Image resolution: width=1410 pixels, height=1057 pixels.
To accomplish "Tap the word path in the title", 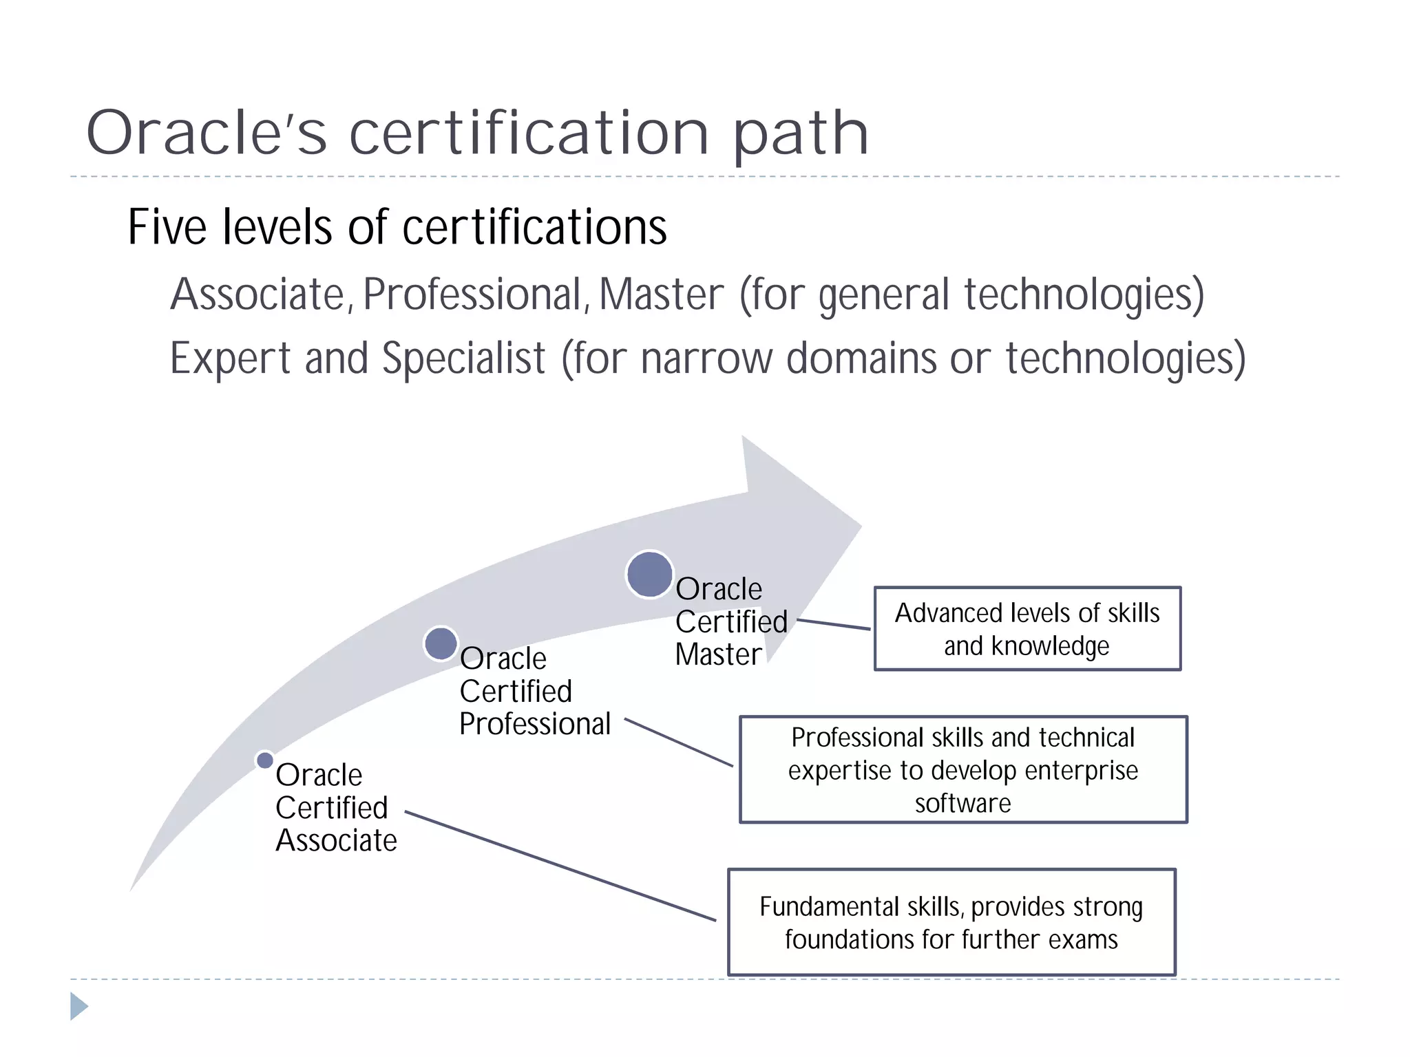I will click(800, 135).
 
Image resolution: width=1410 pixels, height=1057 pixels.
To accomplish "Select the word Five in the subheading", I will click(167, 227).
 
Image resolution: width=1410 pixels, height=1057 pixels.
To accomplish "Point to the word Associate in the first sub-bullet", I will click(257, 295).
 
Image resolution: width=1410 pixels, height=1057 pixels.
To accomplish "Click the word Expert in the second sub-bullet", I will click(230, 359).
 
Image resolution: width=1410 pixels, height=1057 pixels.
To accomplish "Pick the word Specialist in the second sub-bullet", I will click(463, 359).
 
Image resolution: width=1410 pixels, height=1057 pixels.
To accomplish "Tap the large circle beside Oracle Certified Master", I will click(649, 575).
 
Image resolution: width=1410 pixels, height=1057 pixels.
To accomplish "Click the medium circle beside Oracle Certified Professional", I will click(441, 643).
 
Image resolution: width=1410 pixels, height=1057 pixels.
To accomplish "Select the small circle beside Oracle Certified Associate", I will click(264, 760).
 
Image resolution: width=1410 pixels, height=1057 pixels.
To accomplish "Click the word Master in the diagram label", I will click(718, 654).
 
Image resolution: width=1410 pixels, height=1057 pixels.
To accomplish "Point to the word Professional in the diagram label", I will click(535, 724).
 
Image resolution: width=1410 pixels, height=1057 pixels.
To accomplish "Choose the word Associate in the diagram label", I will click(336, 841).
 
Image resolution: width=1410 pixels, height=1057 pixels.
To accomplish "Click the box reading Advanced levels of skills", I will click(1027, 629).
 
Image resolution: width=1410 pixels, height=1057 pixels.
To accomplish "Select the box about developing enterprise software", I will click(962, 769).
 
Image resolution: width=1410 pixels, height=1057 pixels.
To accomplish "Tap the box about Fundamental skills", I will click(951, 922).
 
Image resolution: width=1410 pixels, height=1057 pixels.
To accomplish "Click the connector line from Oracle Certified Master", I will click(834, 624).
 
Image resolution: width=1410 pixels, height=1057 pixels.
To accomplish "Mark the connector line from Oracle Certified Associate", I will click(560, 866).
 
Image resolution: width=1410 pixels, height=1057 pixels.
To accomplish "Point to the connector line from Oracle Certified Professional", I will click(678, 742).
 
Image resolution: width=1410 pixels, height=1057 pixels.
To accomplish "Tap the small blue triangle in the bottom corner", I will click(78, 1006).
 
